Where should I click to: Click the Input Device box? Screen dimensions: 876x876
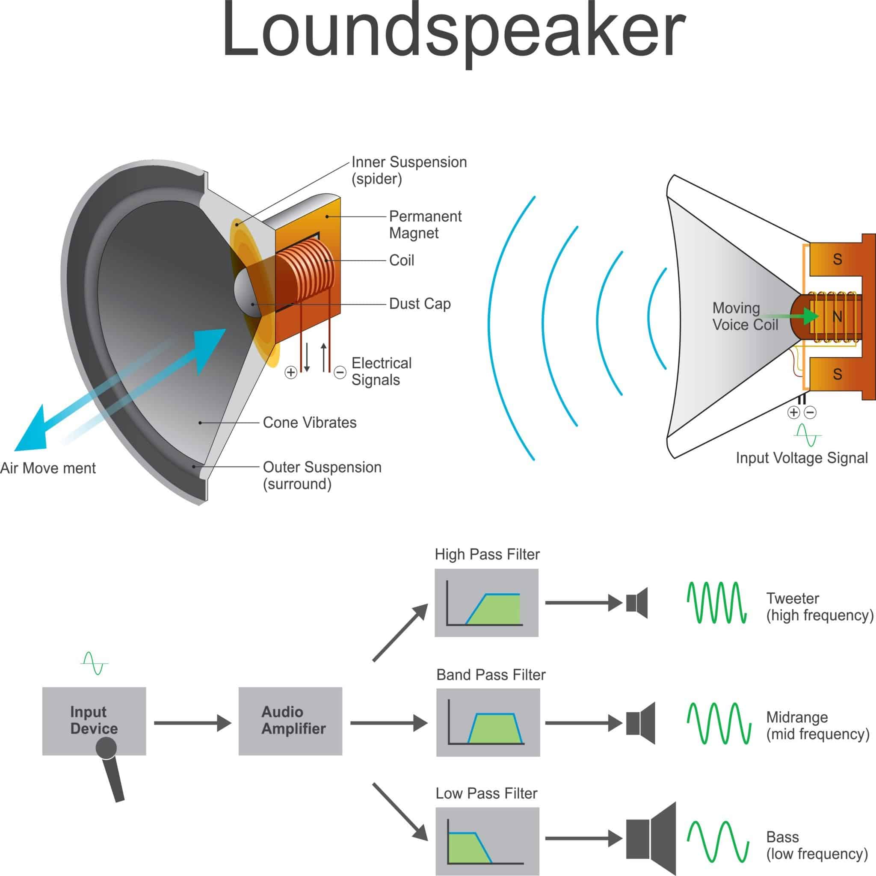click(x=94, y=720)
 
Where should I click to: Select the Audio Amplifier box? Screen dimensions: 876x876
click(x=290, y=720)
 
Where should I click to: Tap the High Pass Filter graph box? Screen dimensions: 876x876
click(x=486, y=603)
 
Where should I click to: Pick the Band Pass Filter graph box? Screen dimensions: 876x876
click(x=488, y=722)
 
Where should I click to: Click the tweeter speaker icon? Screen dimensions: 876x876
click(x=637, y=603)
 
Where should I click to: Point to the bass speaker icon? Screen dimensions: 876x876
click(x=651, y=838)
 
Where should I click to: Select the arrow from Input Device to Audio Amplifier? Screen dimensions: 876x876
click(x=193, y=723)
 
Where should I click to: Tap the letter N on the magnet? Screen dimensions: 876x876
click(x=837, y=317)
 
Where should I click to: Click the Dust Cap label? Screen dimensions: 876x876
click(x=420, y=304)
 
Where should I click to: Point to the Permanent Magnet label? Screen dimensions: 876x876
click(x=425, y=225)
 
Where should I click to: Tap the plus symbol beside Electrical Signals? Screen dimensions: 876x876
click(x=290, y=372)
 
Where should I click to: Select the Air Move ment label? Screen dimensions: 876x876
click(x=48, y=468)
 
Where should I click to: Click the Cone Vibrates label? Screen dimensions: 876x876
click(x=310, y=423)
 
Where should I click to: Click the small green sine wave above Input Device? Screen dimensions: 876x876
click(x=94, y=663)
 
